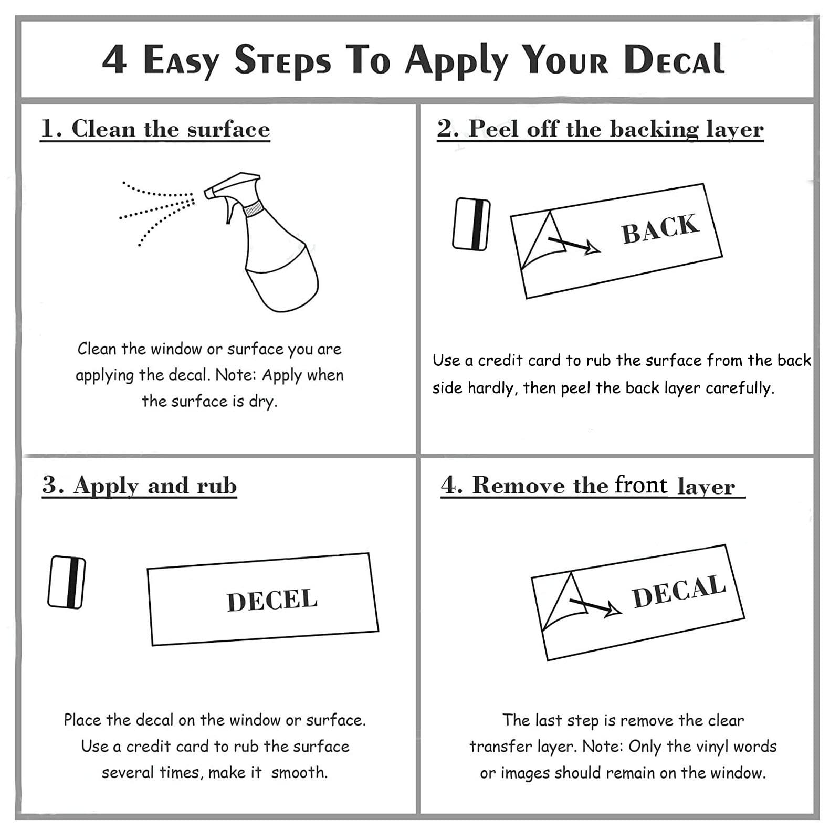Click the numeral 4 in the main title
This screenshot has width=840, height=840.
pos(114,59)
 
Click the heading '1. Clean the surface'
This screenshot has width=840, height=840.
pos(155,129)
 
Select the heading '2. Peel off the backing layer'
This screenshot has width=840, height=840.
pos(600,129)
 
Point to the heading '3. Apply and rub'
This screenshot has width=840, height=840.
pos(140,486)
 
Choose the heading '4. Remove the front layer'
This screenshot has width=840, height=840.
pos(593,486)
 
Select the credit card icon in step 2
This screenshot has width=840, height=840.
pos(471,224)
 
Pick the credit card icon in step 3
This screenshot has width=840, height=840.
pos(67,582)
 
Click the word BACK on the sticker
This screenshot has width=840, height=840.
pos(660,229)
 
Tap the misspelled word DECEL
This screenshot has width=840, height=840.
pos(272,601)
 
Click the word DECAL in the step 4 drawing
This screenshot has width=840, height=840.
pos(679,591)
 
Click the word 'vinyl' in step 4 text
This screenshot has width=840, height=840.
pos(709,747)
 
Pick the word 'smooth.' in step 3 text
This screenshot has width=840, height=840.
pos(299,772)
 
